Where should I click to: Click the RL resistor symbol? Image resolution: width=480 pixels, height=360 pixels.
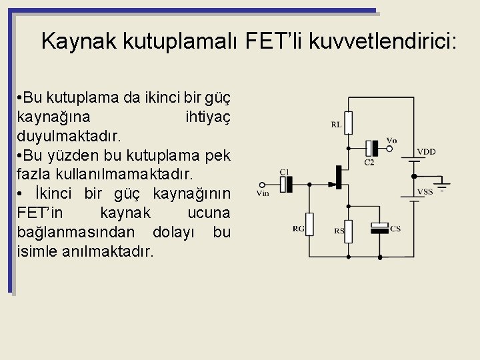pyautogui.click(x=348, y=123)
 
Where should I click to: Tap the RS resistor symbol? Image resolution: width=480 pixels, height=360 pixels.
pyautogui.click(x=347, y=230)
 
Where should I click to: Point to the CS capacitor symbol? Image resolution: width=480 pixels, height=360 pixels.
pyautogui.click(x=379, y=229)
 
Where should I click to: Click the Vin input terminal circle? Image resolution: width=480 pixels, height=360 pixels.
pyautogui.click(x=263, y=185)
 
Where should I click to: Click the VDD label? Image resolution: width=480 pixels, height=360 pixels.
pyautogui.click(x=426, y=152)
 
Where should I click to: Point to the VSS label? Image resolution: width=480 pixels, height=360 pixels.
pyautogui.click(x=425, y=192)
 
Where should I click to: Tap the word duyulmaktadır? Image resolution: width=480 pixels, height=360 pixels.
pyautogui.click(x=69, y=137)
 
